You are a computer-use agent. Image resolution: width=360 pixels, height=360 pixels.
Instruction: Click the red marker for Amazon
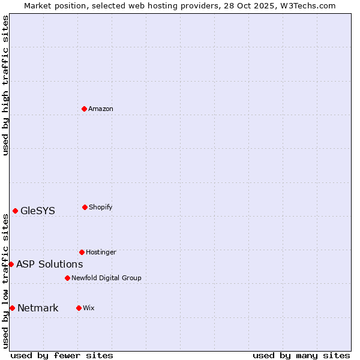click(84, 109)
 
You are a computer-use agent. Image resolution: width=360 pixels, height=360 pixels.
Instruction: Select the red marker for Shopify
click(85, 207)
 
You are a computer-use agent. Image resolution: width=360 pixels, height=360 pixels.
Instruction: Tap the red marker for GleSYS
click(15, 211)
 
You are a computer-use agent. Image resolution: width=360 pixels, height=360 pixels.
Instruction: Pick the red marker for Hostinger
click(82, 252)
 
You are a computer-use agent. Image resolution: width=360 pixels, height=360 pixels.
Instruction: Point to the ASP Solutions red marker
click(11, 264)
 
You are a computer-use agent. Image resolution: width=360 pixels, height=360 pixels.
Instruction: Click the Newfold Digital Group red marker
click(67, 278)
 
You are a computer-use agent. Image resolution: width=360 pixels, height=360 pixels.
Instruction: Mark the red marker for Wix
click(79, 308)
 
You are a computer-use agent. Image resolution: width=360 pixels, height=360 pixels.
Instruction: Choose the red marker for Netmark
click(12, 308)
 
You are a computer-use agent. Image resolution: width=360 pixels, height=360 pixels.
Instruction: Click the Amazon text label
click(100, 109)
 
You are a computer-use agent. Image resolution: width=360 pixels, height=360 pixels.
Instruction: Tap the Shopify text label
click(100, 207)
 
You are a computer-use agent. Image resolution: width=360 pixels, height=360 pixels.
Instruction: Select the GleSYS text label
click(37, 211)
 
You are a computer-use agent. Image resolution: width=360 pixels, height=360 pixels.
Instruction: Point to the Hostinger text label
click(101, 252)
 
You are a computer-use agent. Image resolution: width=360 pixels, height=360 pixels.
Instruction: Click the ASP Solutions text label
click(49, 264)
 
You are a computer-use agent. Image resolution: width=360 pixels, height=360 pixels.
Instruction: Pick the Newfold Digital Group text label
click(106, 278)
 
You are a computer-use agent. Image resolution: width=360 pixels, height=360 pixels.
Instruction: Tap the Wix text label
click(88, 308)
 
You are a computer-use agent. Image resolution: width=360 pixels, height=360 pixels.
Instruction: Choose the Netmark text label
click(38, 308)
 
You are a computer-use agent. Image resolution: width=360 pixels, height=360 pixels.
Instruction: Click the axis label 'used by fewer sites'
click(62, 355)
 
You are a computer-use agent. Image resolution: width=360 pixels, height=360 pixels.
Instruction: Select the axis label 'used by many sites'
click(301, 355)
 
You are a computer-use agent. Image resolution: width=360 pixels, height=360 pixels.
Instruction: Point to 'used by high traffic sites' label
click(5, 85)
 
